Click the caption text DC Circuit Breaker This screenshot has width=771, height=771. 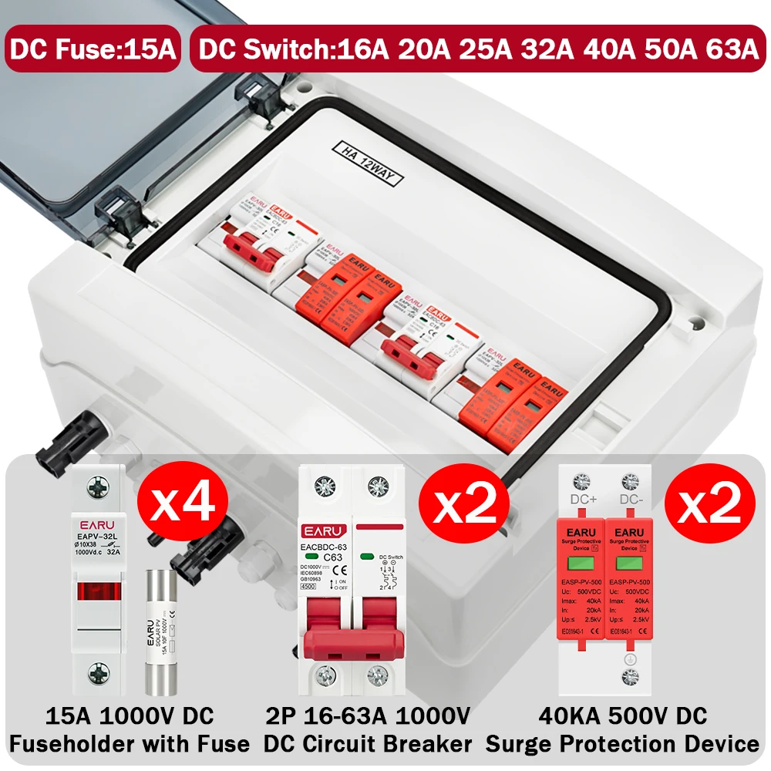(x=367, y=744)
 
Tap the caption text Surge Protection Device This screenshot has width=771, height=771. (x=622, y=744)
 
